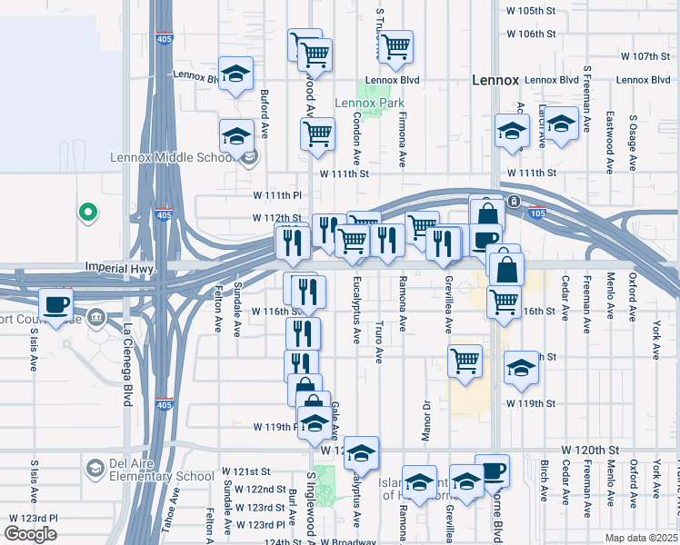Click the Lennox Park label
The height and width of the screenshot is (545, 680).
coord(369,103)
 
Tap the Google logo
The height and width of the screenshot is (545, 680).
coord(30,533)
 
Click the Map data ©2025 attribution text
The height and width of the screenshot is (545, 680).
coord(641,538)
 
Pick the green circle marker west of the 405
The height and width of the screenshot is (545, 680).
coord(87,213)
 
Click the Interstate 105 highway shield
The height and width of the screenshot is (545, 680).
coord(538,213)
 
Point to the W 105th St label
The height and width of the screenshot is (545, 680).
coord(531,13)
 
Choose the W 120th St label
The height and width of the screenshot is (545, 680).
coord(589,450)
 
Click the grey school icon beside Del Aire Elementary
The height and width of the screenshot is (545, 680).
coord(95,467)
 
